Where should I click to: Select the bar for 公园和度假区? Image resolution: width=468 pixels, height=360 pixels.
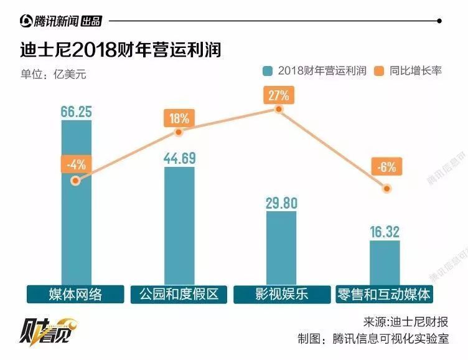(x=179, y=227)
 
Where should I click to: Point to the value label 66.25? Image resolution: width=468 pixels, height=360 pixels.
(x=77, y=111)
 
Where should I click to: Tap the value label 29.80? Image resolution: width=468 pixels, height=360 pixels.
(x=281, y=202)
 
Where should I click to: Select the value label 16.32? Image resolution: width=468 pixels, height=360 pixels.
(x=384, y=232)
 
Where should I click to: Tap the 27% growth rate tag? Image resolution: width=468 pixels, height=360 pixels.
(x=279, y=95)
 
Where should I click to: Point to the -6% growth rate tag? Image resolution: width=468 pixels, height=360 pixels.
(x=386, y=166)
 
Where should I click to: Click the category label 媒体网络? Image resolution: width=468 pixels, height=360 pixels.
(x=75, y=294)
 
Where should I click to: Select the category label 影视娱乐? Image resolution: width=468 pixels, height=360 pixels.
(x=281, y=294)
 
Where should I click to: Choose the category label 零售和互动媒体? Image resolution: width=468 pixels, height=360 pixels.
(x=384, y=294)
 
